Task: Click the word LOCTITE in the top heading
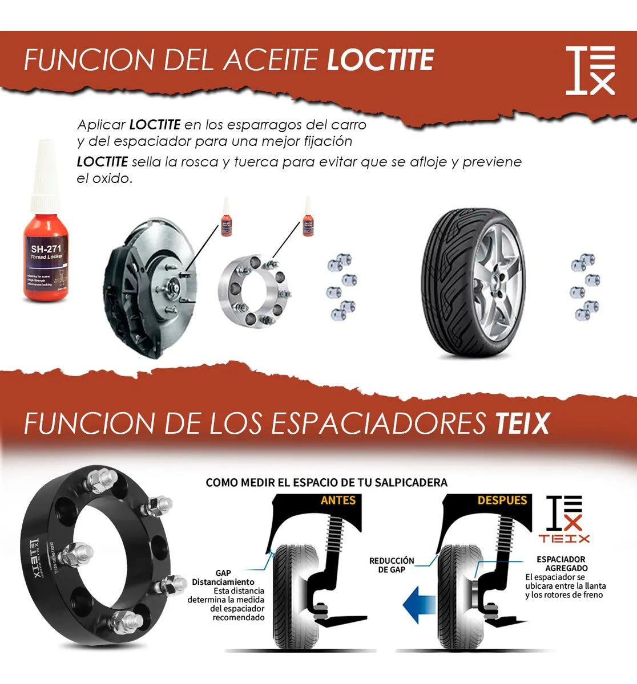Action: [x=380, y=60]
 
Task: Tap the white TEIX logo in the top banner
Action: [x=590, y=70]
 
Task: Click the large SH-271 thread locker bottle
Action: [x=46, y=228]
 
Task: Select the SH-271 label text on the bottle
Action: [x=46, y=249]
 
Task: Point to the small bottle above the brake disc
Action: [x=227, y=218]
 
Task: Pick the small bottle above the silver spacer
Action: [x=308, y=218]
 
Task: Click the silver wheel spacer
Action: [x=255, y=292]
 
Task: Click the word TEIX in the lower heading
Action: [x=522, y=424]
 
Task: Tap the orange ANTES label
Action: [x=338, y=500]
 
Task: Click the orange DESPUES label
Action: [x=502, y=500]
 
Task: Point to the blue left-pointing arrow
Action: [x=419, y=605]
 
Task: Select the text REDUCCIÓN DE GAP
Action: [x=392, y=565]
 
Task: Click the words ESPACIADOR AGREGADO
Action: [x=562, y=564]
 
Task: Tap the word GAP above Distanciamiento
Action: [x=223, y=573]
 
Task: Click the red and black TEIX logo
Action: [x=564, y=519]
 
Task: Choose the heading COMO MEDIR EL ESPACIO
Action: [x=326, y=483]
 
